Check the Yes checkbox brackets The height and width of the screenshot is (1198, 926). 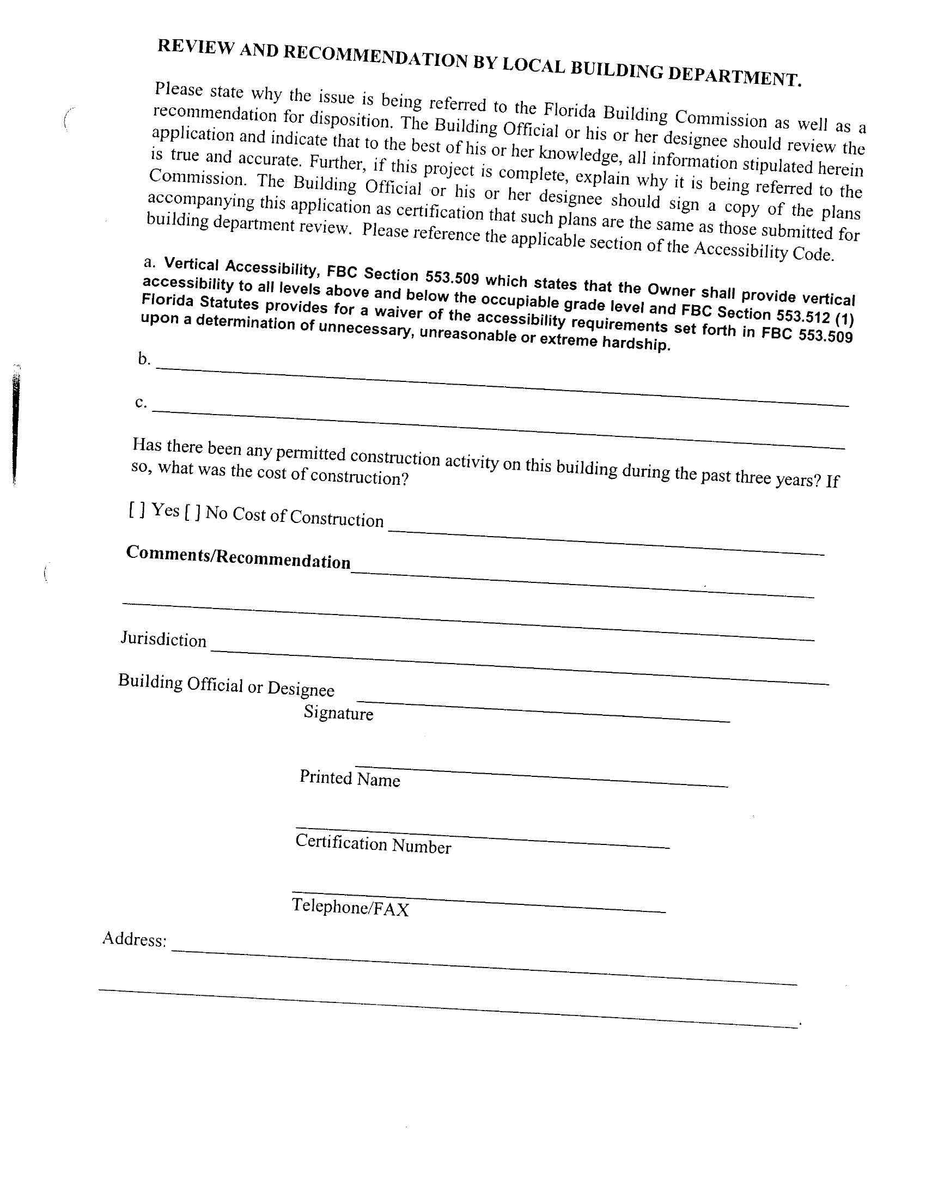coord(137,509)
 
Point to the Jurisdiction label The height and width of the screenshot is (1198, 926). coord(163,639)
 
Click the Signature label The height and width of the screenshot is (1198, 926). coord(338,713)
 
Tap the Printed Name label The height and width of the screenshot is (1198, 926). coord(350,779)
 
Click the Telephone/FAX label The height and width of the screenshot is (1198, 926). coord(351,907)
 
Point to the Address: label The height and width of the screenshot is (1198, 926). coord(135,939)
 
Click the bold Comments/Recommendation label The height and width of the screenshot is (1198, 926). coord(238,557)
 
